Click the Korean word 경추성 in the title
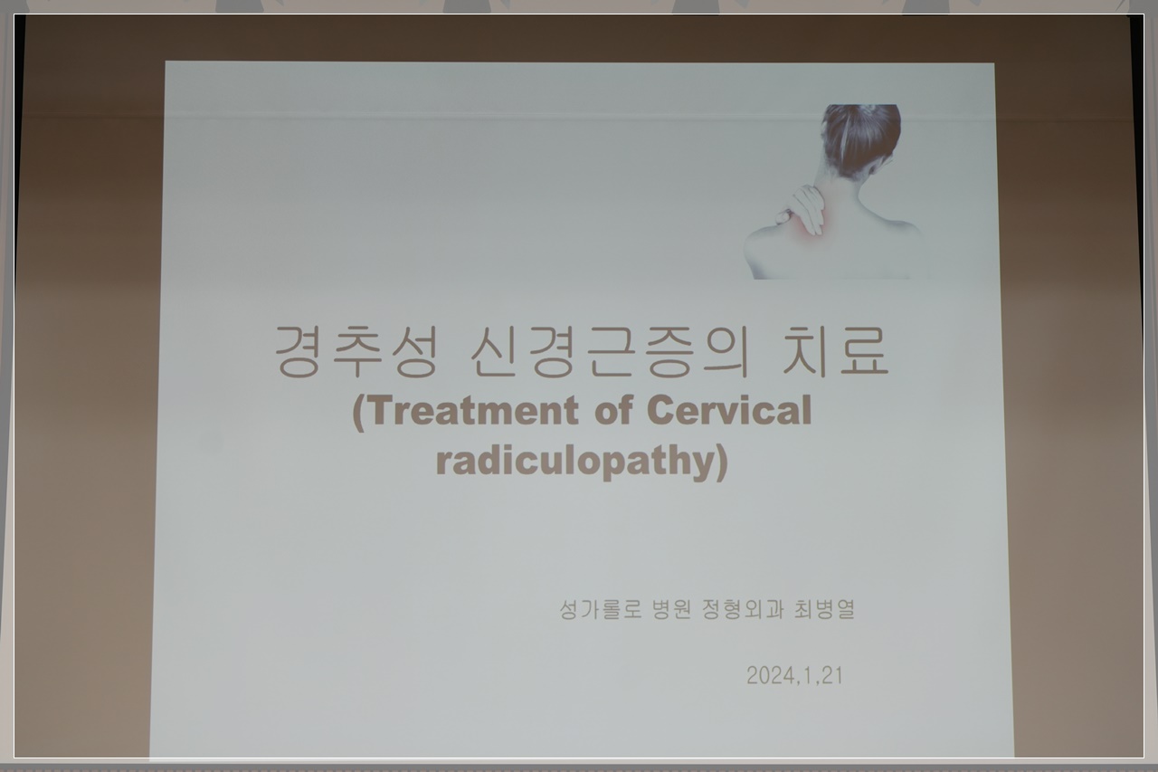[x=356, y=351]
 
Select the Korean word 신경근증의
[x=610, y=351]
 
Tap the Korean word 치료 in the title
[x=835, y=351]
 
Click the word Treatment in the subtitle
[x=474, y=411]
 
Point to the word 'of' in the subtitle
[x=613, y=411]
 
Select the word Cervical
[x=729, y=411]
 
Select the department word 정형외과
[x=743, y=609]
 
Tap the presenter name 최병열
[x=824, y=609]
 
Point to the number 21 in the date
[x=831, y=675]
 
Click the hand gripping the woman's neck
[x=802, y=210]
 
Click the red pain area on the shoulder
[x=806, y=227]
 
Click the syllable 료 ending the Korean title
[x=864, y=351]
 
